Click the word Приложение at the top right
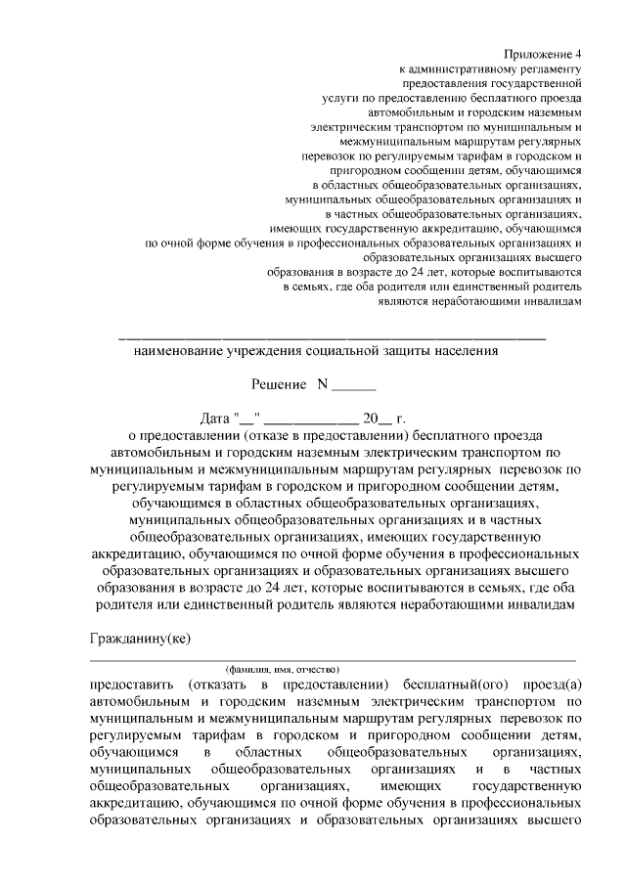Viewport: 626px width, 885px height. coord(537,55)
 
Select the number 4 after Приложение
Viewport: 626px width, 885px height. coord(579,55)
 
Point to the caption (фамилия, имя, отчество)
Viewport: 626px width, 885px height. coord(284,668)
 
